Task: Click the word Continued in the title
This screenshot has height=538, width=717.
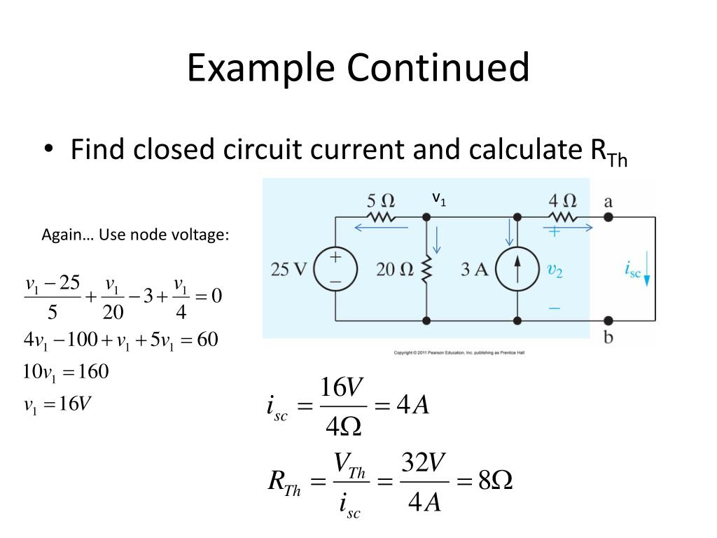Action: pyautogui.click(x=438, y=69)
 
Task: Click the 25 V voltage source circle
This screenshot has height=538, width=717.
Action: pyautogui.click(x=335, y=269)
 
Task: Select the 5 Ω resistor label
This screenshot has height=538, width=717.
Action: pyautogui.click(x=381, y=201)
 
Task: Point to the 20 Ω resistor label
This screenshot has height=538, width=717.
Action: pyautogui.click(x=395, y=270)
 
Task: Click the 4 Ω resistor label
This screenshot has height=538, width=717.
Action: pyautogui.click(x=562, y=201)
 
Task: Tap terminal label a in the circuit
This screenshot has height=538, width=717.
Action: pyautogui.click(x=608, y=202)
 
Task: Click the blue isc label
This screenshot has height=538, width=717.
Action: pyautogui.click(x=632, y=270)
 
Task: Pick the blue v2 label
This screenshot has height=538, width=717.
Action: pyautogui.click(x=554, y=270)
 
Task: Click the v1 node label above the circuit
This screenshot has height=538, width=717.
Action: pyautogui.click(x=439, y=199)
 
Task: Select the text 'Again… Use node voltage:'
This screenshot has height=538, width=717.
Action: pyautogui.click(x=135, y=235)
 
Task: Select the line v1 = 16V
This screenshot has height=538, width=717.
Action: pyautogui.click(x=58, y=404)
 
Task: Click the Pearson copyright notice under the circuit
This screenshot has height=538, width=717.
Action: pyautogui.click(x=459, y=352)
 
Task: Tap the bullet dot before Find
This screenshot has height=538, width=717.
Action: pyautogui.click(x=48, y=150)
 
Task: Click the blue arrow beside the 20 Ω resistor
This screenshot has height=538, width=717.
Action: pyautogui.click(x=437, y=240)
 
